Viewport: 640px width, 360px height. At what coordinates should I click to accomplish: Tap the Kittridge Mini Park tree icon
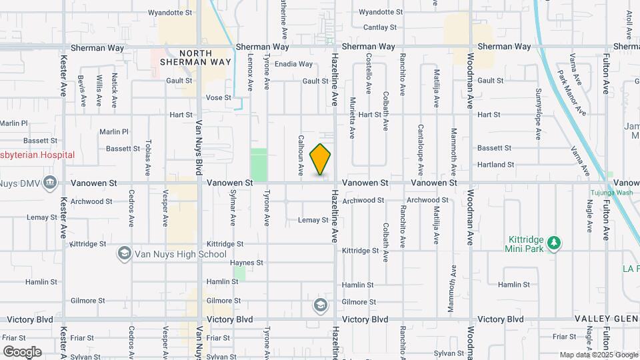pos(553,244)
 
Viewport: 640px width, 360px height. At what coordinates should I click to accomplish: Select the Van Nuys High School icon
pos(124,253)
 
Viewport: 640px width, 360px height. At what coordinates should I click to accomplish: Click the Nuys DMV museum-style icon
pos(50,183)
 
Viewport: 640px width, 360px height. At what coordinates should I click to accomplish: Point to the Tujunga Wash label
pos(610,193)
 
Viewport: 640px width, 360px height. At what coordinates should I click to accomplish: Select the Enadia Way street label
pos(293,64)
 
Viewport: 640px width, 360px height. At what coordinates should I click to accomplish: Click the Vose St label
pos(218,97)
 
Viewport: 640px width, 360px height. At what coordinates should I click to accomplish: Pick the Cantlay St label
pos(380,27)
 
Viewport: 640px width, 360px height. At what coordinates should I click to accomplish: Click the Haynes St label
pos(243,263)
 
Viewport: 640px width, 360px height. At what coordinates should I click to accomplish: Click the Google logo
pos(22,351)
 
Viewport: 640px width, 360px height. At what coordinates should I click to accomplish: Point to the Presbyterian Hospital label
pos(37,155)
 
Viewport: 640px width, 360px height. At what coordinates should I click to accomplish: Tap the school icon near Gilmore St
pos(321,305)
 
